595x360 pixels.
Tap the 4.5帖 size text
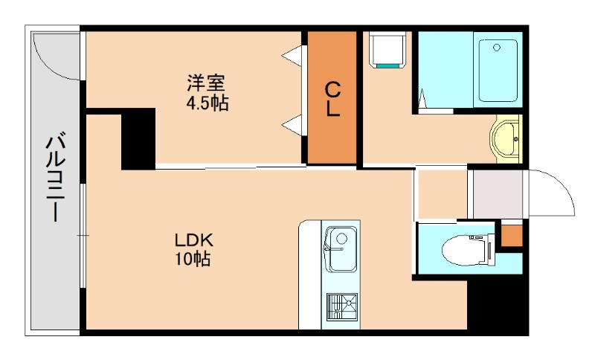207,103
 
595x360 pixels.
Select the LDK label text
194,240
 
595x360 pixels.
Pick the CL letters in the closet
332,99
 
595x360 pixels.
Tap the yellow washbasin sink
507,138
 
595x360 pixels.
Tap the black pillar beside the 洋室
138,138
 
